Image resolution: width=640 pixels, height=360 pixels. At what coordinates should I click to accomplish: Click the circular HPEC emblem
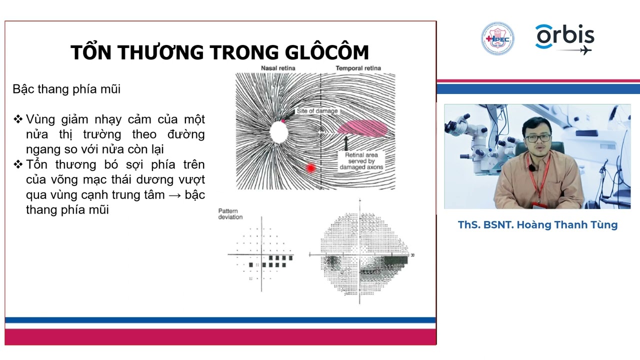(497, 38)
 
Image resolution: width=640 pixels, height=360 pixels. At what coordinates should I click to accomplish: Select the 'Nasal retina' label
(278, 68)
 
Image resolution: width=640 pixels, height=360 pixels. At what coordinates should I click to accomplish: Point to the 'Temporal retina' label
(358, 68)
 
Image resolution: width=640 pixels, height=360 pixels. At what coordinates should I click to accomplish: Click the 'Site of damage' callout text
(317, 110)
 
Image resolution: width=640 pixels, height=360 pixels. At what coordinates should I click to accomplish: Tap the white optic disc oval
(278, 131)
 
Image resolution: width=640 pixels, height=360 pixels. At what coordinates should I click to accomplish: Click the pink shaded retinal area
(363, 128)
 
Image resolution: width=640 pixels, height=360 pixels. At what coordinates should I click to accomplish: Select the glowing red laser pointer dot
(310, 168)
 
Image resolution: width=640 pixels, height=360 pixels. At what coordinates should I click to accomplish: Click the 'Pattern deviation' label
(230, 214)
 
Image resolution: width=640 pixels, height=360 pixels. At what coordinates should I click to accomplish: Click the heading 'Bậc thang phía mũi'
(66, 89)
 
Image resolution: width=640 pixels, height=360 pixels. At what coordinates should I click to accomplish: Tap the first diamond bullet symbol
(18, 119)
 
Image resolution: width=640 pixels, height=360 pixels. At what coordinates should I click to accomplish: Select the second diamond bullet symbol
(18, 164)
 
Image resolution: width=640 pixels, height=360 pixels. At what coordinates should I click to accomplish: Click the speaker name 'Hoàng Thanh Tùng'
(567, 225)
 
